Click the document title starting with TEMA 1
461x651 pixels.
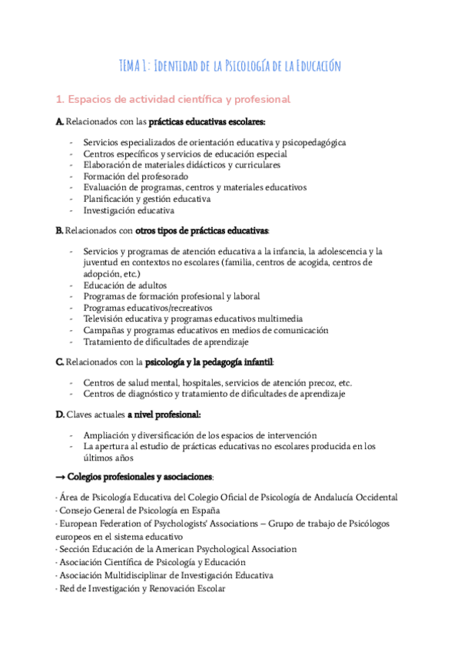point(230,66)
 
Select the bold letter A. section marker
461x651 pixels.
point(60,122)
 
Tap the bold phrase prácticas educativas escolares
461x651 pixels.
point(207,122)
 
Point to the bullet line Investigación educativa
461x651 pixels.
point(129,210)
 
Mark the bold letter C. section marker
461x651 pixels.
point(60,362)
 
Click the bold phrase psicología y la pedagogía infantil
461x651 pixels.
point(209,362)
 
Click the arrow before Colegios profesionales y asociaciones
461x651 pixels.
point(61,476)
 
